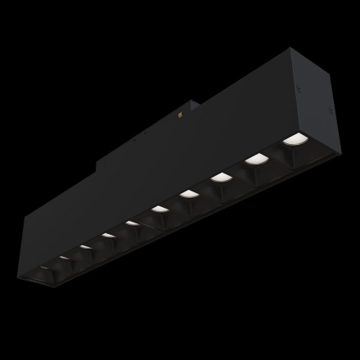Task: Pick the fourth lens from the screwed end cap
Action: (x=189, y=193)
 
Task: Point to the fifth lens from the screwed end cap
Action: (x=160, y=209)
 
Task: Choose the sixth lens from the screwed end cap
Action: (x=133, y=223)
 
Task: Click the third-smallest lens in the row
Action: (x=86, y=246)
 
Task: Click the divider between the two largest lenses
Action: (x=276, y=150)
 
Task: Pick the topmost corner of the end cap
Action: (x=290, y=50)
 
